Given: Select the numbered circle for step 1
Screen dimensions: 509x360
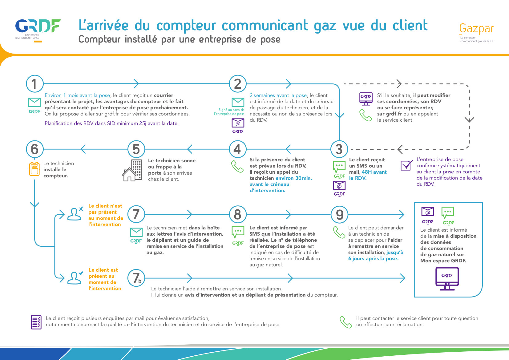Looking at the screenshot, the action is click(x=34, y=84).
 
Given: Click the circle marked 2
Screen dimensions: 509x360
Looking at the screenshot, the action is click(x=237, y=84).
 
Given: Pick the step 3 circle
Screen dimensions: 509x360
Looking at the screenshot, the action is click(x=339, y=149).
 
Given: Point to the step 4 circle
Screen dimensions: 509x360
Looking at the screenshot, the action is click(x=237, y=149).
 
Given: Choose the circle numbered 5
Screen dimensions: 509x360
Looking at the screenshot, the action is click(x=136, y=149).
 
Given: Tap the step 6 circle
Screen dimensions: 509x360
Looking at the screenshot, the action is click(x=34, y=149).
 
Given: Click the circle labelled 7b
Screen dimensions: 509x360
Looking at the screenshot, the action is click(x=136, y=278).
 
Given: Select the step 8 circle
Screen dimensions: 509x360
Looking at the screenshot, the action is click(x=237, y=214).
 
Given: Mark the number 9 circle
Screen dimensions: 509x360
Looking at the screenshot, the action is click(x=339, y=214).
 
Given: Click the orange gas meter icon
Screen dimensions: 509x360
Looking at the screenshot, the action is click(x=34, y=169).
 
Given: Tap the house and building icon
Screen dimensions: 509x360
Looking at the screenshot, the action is click(x=132, y=170).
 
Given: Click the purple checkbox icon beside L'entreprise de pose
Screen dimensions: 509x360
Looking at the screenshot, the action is click(x=406, y=165).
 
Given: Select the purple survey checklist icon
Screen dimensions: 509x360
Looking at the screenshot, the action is click(x=36, y=322).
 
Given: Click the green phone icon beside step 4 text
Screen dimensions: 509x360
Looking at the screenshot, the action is click(x=237, y=166).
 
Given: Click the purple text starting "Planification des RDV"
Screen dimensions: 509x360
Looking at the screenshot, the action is click(x=111, y=123).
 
